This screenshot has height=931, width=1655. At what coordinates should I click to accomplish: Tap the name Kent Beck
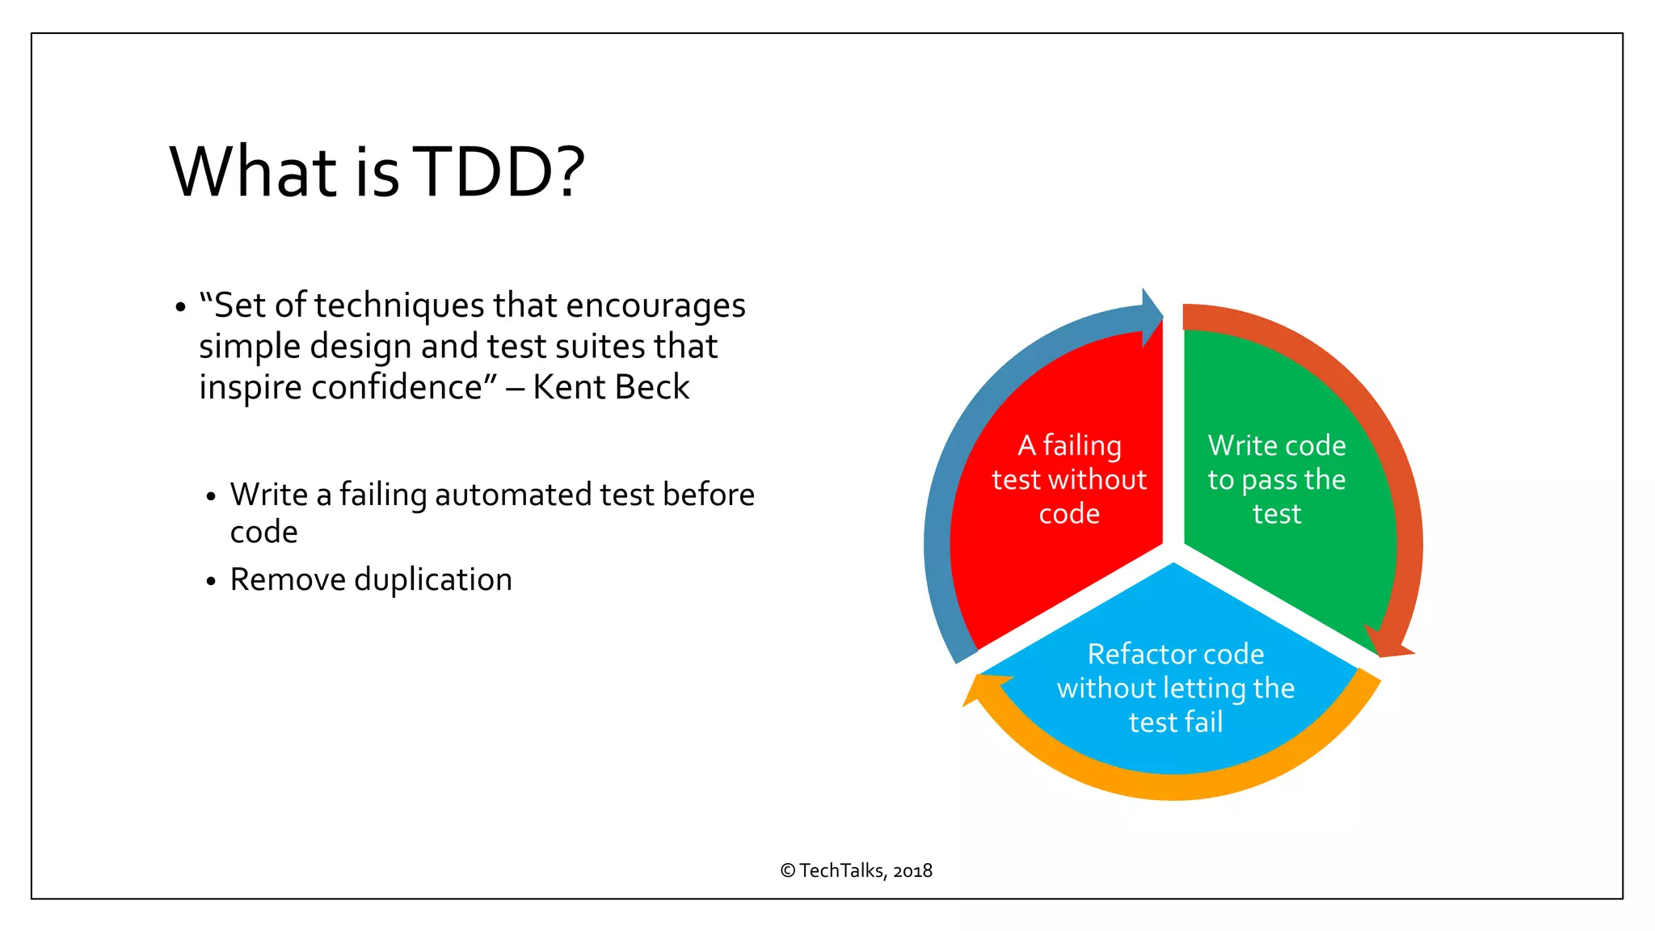click(611, 387)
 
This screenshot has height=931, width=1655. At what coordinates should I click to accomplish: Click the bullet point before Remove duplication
click(211, 581)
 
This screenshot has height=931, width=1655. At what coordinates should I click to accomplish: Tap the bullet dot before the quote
click(180, 308)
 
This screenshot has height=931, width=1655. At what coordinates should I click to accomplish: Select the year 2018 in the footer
click(912, 870)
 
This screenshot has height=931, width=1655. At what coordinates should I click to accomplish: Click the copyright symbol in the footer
click(788, 870)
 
